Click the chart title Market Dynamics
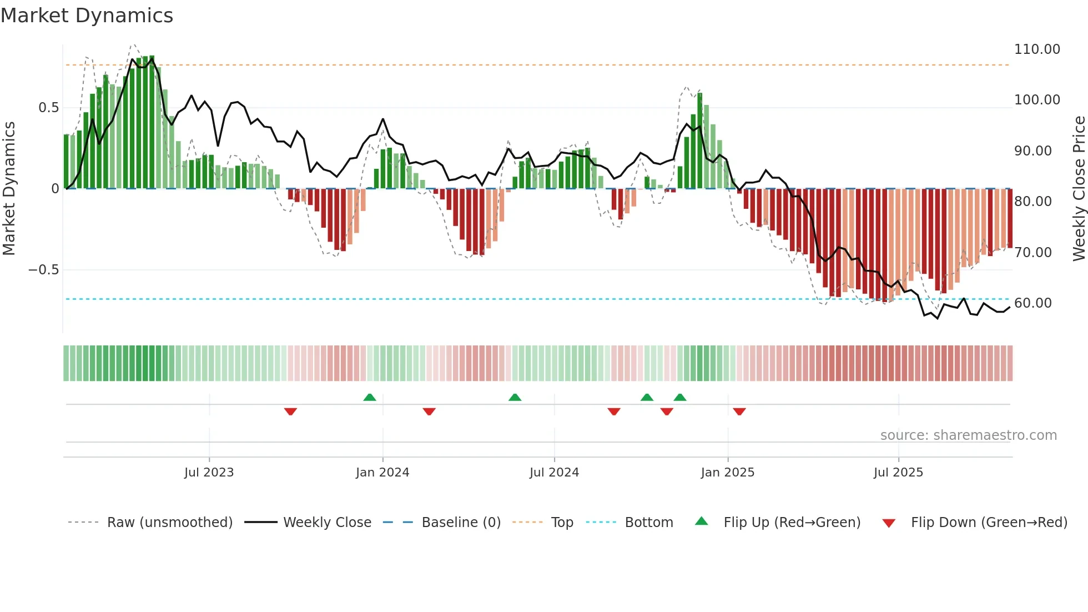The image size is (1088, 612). pos(87,16)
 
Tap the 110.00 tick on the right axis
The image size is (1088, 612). pos(1036,49)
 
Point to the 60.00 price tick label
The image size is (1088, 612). pos(1032,303)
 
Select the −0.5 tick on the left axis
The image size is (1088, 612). pos(43,270)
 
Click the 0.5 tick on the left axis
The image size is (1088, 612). pos(48,108)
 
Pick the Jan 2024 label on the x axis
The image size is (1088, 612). pos(382,473)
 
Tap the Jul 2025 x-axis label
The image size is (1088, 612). pos(898,473)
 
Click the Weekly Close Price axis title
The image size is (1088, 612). pos(1079,188)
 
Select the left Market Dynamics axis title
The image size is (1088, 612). pos(9,188)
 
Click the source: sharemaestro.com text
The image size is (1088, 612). pos(968,435)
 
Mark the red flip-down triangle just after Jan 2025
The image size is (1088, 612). pos(739,412)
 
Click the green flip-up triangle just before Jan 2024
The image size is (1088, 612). pos(370,397)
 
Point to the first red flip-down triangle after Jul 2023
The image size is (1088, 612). pos(290,412)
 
